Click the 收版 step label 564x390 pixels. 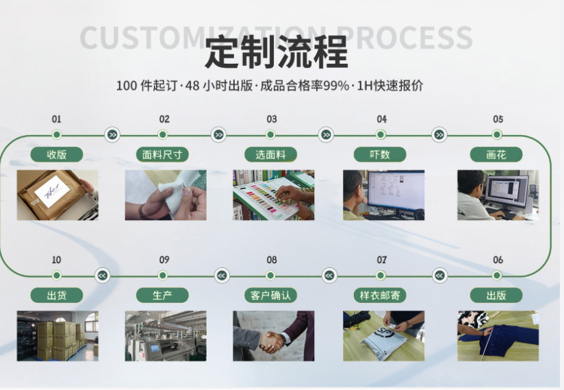pos(57,154)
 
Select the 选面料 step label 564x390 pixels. pos(270,154)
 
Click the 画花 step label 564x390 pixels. pos(496,154)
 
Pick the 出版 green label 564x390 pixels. pos(496,295)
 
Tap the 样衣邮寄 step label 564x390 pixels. pos(380,295)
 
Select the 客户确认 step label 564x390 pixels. pos(271,295)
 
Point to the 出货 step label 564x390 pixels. pos(56,295)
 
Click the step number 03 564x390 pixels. pos(272,119)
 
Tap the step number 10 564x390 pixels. pos(56,260)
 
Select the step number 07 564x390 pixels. pos(381,260)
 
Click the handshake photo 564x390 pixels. pos(273,336)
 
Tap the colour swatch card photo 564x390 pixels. pos(273,195)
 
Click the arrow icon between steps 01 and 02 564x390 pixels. pos(112,135)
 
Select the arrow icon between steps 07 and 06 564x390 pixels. pos(439,276)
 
